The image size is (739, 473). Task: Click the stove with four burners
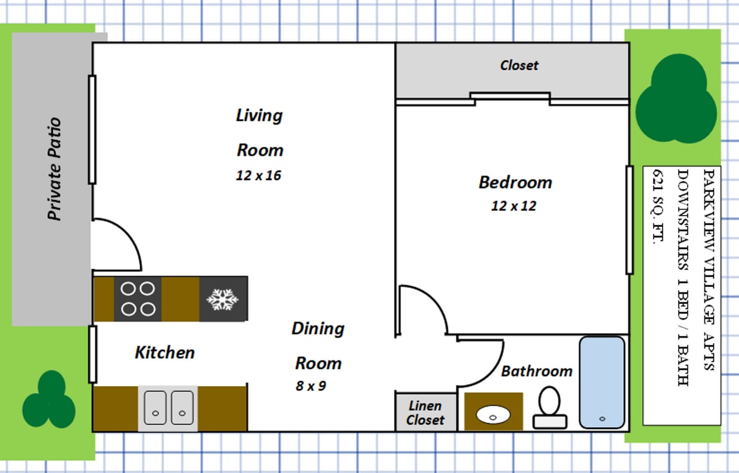pyautogui.click(x=138, y=298)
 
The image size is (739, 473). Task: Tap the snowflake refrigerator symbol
pyautogui.click(x=223, y=299)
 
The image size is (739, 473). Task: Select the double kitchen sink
pyautogui.click(x=168, y=407)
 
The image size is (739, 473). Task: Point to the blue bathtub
pyautogui.click(x=602, y=382)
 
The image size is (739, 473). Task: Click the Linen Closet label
pyautogui.click(x=426, y=413)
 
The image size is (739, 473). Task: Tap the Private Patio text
pyautogui.click(x=55, y=169)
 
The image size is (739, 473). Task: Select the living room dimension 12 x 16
pyautogui.click(x=258, y=176)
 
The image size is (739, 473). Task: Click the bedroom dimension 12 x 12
pyautogui.click(x=514, y=206)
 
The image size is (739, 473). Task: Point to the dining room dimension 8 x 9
pyautogui.click(x=310, y=386)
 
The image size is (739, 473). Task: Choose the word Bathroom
pyautogui.click(x=536, y=371)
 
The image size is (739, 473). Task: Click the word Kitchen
pyautogui.click(x=164, y=352)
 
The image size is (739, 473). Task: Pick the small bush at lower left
pyautogui.click(x=49, y=400)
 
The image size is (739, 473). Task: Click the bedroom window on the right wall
pyautogui.click(x=629, y=220)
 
